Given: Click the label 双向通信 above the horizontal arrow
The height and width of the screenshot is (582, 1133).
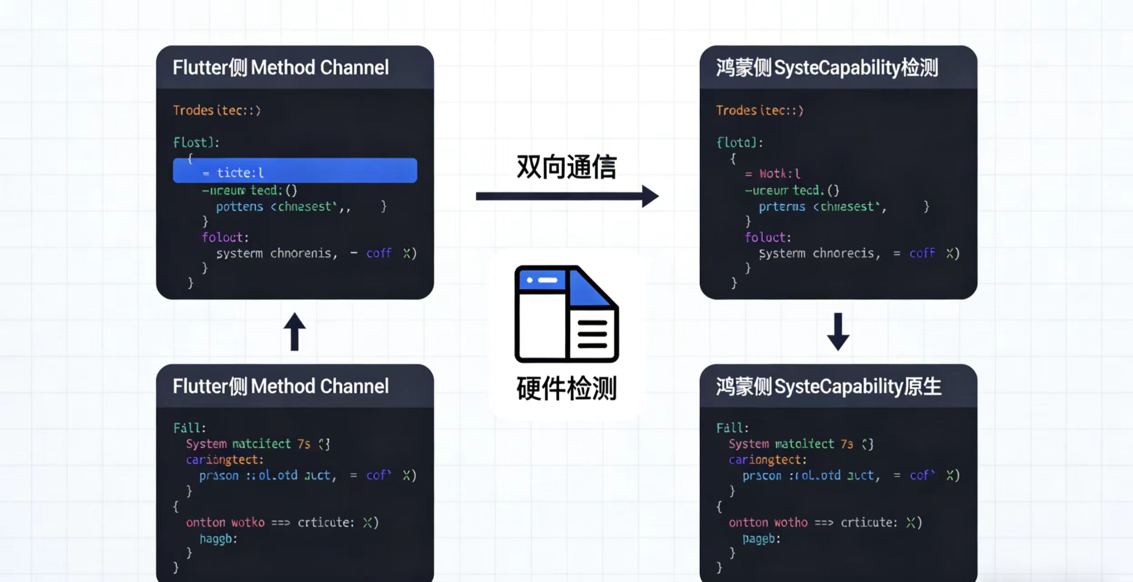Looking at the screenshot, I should point(566,167).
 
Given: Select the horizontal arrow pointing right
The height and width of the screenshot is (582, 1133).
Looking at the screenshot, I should point(567,196).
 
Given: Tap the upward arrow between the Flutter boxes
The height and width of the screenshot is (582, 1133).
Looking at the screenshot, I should point(294,331).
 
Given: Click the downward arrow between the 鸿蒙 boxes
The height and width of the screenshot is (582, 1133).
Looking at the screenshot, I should point(838,331).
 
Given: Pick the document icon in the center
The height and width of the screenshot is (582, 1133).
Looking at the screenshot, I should point(566,314).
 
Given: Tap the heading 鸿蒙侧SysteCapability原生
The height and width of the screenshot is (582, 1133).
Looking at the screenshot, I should point(829,387).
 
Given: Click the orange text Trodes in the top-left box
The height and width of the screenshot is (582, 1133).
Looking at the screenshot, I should point(193,110).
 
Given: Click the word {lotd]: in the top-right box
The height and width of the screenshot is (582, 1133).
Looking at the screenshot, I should point(740,143).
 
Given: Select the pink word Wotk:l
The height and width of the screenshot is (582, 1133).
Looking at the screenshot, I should point(779,174).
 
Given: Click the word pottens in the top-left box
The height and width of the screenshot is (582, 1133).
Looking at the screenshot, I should point(239,207).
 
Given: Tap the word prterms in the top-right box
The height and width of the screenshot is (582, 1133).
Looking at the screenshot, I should point(782,207).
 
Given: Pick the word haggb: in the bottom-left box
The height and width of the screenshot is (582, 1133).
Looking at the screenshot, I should point(218,539).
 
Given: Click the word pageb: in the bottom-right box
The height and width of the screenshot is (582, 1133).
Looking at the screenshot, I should point(761,539).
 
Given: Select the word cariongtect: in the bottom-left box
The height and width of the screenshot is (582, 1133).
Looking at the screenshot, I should point(224,460).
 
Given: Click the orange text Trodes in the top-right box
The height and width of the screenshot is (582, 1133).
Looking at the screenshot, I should point(736,110).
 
